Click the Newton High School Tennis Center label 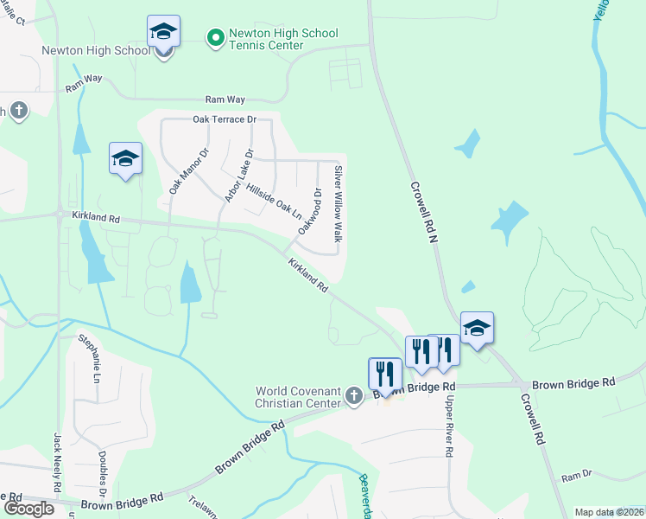tap(283, 39)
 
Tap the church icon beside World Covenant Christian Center tap(352, 396)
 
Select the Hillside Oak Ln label tap(273, 200)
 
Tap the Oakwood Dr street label tap(309, 211)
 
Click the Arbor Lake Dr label tap(239, 176)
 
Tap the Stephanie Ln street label tap(90, 359)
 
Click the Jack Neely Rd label tap(59, 462)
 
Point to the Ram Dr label tap(576, 476)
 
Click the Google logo tap(28, 508)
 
